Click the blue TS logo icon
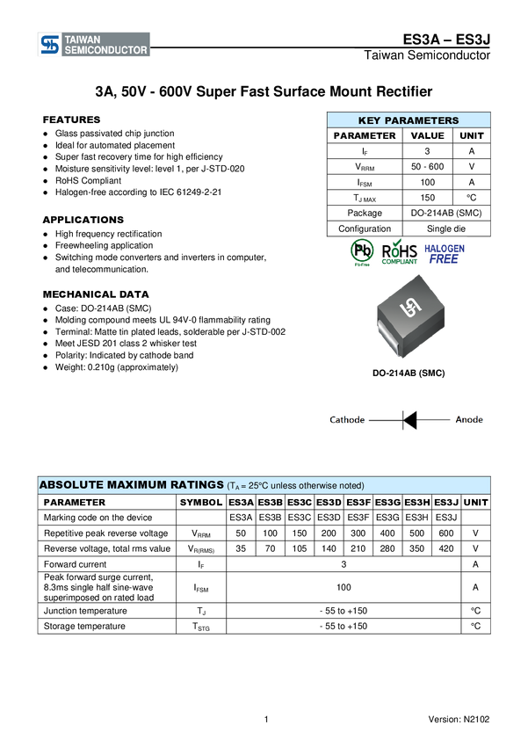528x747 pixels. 50,45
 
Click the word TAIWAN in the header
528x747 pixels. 83,40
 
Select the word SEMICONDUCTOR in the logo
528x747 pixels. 106,51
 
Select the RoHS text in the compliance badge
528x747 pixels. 399,251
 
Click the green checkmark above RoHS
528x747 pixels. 397,242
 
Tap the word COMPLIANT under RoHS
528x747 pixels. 399,263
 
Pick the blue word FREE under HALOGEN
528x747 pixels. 445,259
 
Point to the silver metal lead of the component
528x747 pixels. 382,335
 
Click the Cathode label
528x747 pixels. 347,420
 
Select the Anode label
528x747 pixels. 468,420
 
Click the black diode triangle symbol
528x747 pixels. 409,420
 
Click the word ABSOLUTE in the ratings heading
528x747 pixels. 73,485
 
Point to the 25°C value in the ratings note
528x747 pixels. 258,486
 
